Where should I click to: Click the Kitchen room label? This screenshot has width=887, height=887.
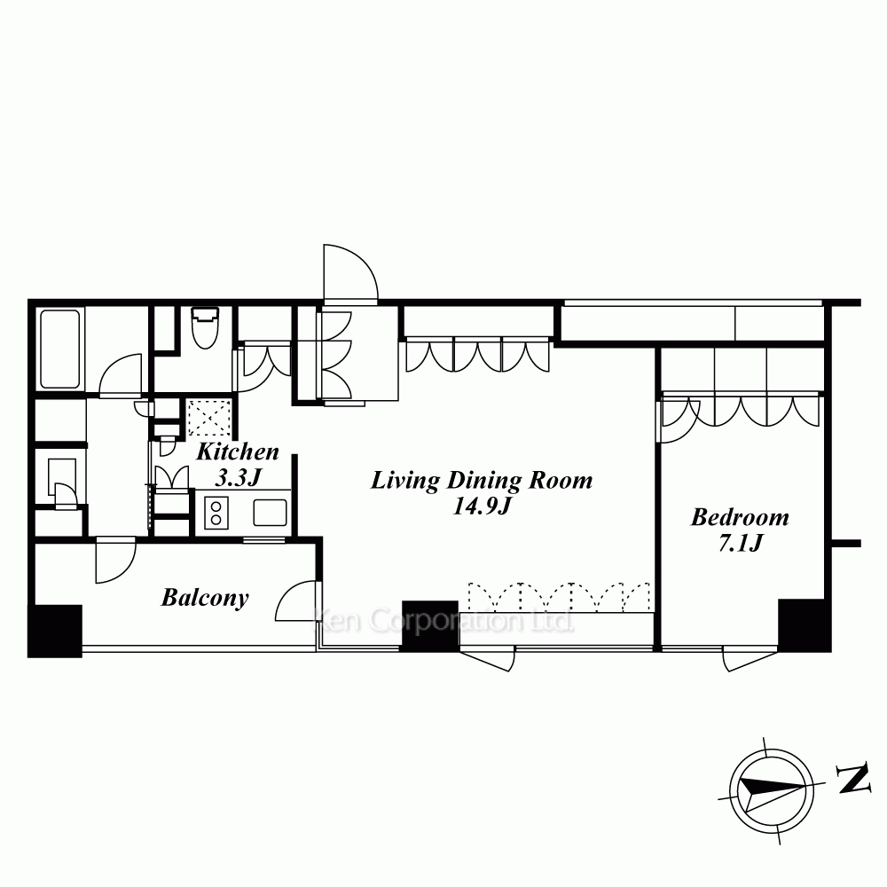(x=238, y=452)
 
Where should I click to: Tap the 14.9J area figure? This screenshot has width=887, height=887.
(x=482, y=506)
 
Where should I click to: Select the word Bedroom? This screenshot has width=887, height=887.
(x=740, y=517)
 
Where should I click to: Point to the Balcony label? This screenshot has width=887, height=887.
(x=205, y=598)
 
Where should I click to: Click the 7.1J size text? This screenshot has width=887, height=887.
(x=741, y=543)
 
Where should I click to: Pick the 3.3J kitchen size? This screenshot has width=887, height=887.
(x=238, y=478)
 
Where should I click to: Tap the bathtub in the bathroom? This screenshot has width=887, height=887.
(x=59, y=349)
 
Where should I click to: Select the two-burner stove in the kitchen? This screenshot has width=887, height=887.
(x=216, y=513)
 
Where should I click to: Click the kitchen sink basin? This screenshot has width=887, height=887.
(x=270, y=513)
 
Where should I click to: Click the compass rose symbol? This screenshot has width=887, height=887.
(x=772, y=791)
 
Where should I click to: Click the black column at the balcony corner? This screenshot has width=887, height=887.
(x=55, y=631)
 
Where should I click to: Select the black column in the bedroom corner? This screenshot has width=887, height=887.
(x=805, y=625)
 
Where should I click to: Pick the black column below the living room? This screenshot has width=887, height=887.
(x=430, y=625)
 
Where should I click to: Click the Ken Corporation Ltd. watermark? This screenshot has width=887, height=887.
(x=444, y=621)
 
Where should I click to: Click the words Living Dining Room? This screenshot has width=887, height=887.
(x=482, y=480)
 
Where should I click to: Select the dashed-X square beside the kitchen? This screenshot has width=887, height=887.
(x=209, y=418)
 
